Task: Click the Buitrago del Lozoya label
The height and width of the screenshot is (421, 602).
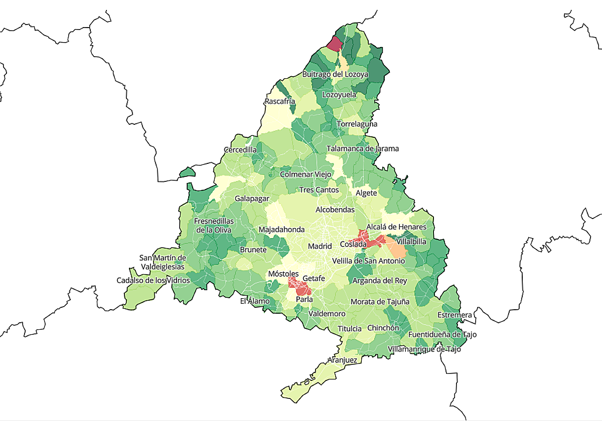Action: point(335,74)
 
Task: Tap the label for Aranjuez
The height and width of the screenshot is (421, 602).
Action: point(342,360)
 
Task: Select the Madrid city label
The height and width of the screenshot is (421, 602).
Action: point(320,246)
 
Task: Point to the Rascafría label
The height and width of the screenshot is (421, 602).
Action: point(280,102)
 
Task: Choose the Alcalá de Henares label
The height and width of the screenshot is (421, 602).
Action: point(396,227)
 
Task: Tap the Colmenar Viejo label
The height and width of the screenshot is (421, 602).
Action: point(306,174)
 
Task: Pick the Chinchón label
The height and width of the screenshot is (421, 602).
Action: point(383,328)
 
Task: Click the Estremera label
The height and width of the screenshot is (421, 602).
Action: point(455,315)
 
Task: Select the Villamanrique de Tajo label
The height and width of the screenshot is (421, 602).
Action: point(424,349)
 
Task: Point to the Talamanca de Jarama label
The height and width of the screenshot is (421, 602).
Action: point(363,148)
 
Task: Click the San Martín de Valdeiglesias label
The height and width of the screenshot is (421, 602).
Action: point(163,262)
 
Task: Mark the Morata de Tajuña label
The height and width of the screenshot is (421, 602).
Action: point(380,302)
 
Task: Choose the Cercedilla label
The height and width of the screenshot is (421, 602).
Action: point(240,150)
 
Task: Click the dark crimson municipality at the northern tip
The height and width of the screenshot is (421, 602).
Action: point(333,43)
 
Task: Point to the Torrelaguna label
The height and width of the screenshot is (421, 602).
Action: point(357,124)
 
